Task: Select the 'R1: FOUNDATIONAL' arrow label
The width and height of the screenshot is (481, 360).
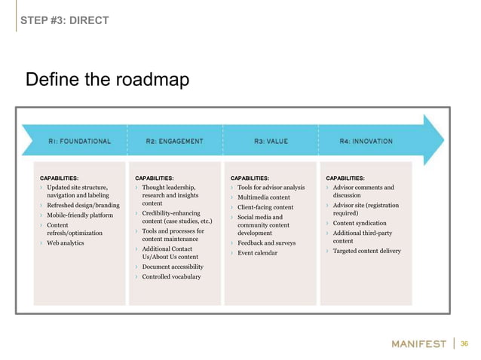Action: tap(80, 141)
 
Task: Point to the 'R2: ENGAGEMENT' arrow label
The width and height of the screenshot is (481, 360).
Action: tap(174, 141)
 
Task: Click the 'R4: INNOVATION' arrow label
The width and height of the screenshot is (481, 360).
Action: tap(366, 141)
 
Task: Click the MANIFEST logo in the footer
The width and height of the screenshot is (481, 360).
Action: tap(419, 344)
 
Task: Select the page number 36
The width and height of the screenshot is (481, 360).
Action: tap(464, 344)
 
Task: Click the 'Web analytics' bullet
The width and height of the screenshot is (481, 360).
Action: tap(65, 243)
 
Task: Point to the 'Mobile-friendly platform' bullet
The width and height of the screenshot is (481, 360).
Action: tap(81, 215)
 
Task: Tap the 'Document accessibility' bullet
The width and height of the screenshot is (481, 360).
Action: tap(173, 267)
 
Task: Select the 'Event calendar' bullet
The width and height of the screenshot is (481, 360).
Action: tap(257, 253)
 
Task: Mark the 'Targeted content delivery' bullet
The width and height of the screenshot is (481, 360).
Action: tap(366, 251)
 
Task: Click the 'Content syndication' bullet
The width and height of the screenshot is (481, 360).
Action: tap(360, 223)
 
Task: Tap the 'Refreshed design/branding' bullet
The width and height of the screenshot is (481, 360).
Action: tap(83, 205)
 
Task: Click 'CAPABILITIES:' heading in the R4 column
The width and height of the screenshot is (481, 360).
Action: tap(345, 178)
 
